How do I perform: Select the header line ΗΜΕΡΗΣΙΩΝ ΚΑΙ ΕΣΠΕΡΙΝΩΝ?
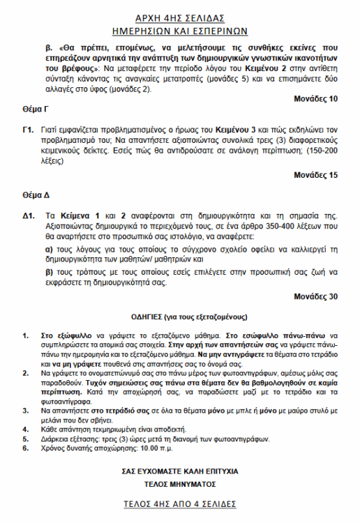[181, 31]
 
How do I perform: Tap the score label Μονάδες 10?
[316, 99]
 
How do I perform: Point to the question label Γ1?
[28, 130]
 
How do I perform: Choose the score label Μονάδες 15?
[316, 174]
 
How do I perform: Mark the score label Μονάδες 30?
[316, 296]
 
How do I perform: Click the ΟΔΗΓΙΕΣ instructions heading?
[181, 317]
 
